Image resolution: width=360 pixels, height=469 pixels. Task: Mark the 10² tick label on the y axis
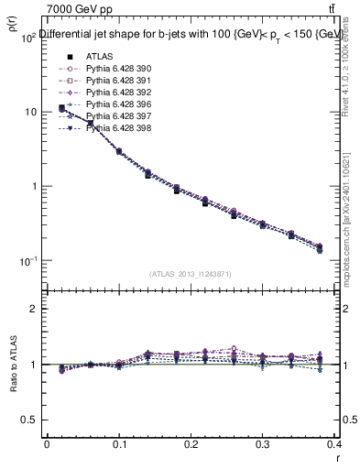click(27, 38)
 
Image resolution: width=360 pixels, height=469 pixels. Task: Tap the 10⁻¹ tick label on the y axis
click(27, 261)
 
